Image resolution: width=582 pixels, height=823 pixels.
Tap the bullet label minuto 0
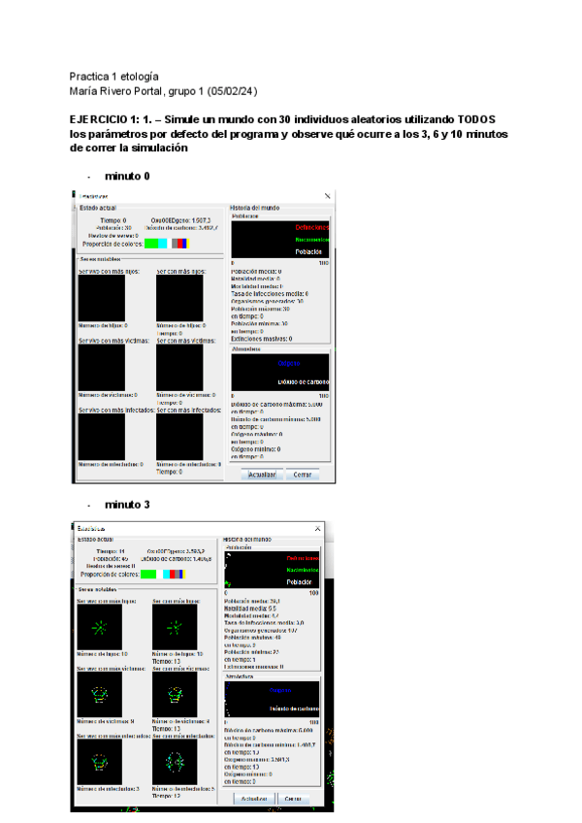[127, 177]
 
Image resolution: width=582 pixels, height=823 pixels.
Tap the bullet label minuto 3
[127, 505]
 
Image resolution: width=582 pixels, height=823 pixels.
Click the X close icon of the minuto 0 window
[326, 195]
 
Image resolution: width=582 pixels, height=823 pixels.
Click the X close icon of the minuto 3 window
[316, 529]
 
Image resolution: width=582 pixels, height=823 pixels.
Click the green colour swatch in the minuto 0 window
[150, 243]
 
